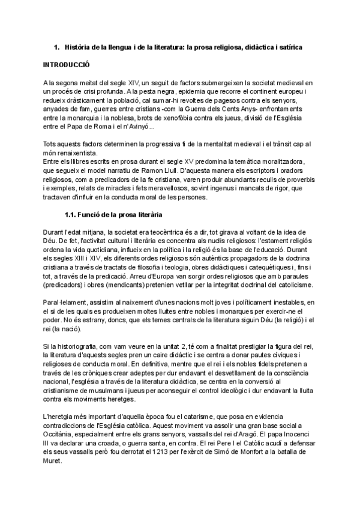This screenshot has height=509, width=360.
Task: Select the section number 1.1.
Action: point(71,215)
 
